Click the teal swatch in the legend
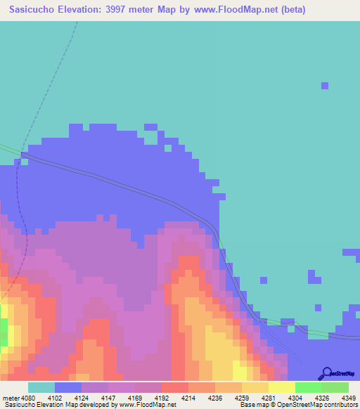[x=41, y=387]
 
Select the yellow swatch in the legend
[x=281, y=387]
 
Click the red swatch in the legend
[x=174, y=387]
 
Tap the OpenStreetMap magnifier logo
[x=326, y=374]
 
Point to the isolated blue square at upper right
[x=325, y=86]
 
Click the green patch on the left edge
[x=4, y=331]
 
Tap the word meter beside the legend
[x=11, y=397]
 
